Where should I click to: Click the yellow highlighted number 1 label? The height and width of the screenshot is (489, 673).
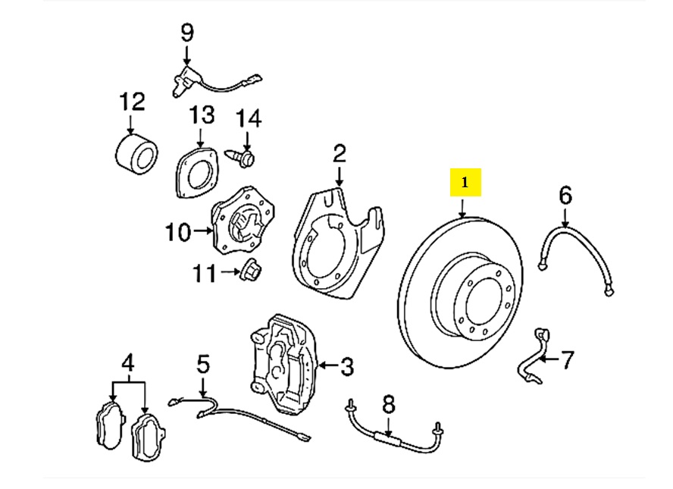pyautogui.click(x=465, y=183)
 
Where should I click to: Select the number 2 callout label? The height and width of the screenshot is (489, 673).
pyautogui.click(x=339, y=154)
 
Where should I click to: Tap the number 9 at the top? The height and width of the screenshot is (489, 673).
pyautogui.click(x=186, y=33)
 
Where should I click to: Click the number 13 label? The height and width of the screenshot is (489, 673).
pyautogui.click(x=202, y=115)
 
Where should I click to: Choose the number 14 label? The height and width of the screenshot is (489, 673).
pyautogui.click(x=248, y=118)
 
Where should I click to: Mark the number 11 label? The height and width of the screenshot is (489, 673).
pyautogui.click(x=203, y=272)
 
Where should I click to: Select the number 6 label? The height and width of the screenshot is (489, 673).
pyautogui.click(x=565, y=196)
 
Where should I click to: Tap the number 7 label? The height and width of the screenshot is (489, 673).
pyautogui.click(x=568, y=358)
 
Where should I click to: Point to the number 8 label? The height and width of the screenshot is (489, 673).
pyautogui.click(x=388, y=403)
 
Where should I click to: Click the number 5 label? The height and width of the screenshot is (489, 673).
pyautogui.click(x=202, y=365)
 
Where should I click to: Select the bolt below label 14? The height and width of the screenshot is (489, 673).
pyautogui.click(x=246, y=157)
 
